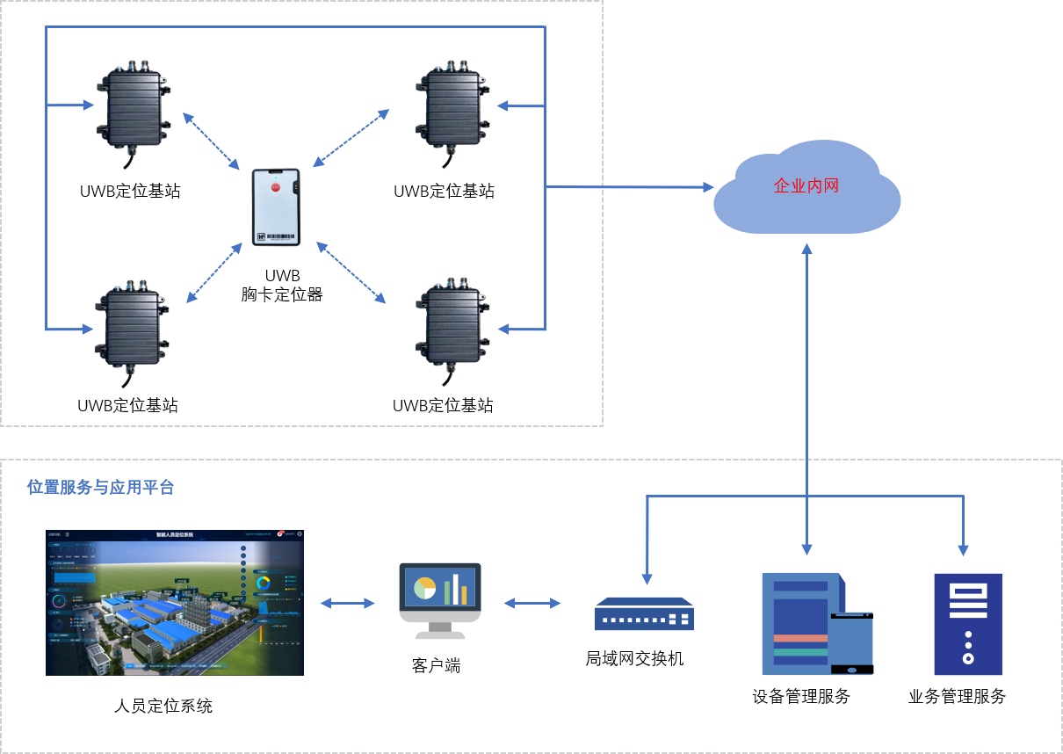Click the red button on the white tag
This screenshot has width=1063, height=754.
pyautogui.click(x=275, y=186)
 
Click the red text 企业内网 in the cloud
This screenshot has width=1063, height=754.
pyautogui.click(x=806, y=186)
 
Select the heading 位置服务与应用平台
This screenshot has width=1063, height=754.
pyautogui.click(x=101, y=487)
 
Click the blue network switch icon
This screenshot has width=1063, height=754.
pyautogui.click(x=644, y=613)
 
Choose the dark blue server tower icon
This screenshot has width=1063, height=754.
pyautogui.click(x=967, y=624)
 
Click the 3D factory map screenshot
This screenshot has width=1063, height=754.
pyautogui.click(x=175, y=603)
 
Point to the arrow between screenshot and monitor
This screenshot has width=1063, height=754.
pyautogui.click(x=347, y=603)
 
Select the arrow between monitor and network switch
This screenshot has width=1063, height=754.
pyautogui.click(x=532, y=603)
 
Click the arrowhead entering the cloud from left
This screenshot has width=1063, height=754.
pyautogui.click(x=707, y=187)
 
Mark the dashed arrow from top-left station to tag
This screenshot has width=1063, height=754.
pyautogui.click(x=211, y=140)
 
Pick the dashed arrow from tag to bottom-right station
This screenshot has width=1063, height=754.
pyautogui.click(x=351, y=272)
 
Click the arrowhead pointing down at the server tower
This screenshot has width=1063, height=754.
pyautogui.click(x=963, y=550)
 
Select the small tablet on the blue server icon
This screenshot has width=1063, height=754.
pyautogui.click(x=851, y=644)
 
